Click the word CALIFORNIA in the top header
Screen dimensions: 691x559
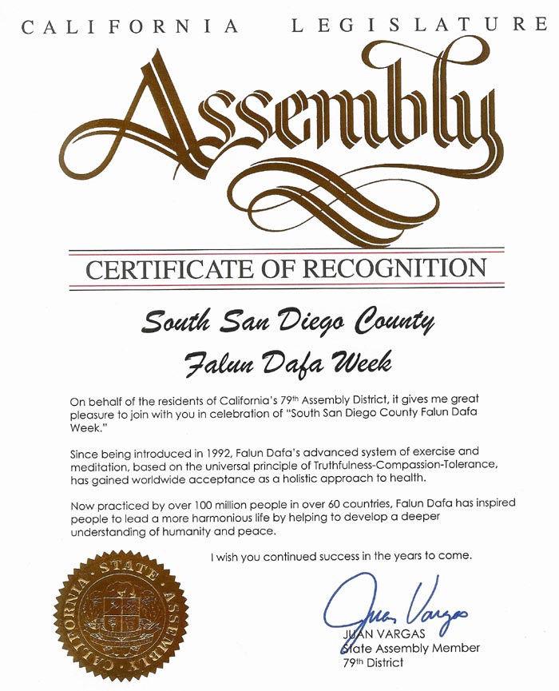pyautogui.click(x=129, y=26)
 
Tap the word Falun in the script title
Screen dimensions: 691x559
pyautogui.click(x=214, y=365)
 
